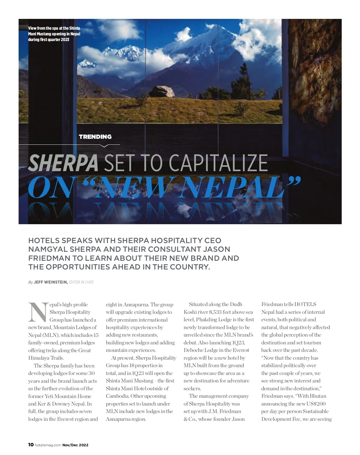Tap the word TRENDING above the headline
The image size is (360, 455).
pyautogui.click(x=95, y=137)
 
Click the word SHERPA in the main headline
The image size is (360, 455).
pyautogui.click(x=63, y=163)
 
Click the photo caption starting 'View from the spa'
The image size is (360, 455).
pyautogui.click(x=54, y=34)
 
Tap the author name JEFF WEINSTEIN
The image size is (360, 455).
pyautogui.click(x=51, y=282)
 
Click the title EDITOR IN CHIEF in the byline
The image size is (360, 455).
pyautogui.click(x=81, y=282)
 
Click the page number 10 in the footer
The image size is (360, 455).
pyautogui.click(x=31, y=445)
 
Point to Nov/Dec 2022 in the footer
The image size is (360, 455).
pyautogui.click(x=75, y=445)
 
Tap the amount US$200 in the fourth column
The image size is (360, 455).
pyautogui.click(x=316, y=404)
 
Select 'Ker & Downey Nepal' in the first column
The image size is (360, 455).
pyautogui.click(x=60, y=404)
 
